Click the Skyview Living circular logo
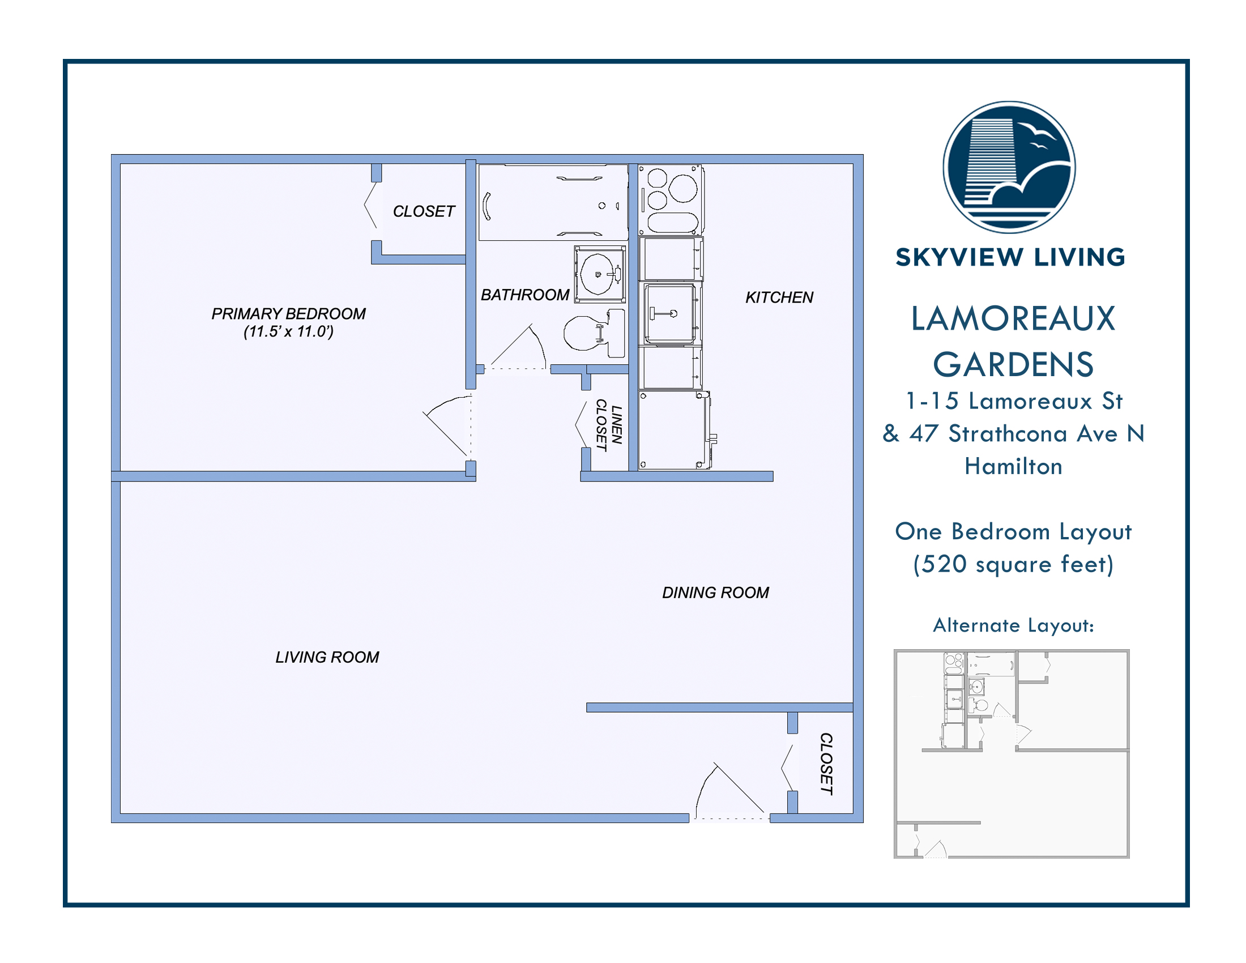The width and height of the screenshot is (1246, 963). (x=1009, y=167)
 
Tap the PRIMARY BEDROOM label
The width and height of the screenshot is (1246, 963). (x=289, y=313)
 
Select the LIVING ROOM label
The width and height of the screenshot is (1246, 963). (x=327, y=657)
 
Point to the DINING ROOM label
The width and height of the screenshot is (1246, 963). (x=715, y=593)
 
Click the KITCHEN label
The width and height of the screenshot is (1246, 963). (x=779, y=297)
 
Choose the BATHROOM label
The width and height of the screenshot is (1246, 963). (x=525, y=295)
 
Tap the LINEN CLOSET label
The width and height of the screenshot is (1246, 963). (x=608, y=425)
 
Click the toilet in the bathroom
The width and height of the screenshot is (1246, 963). (x=595, y=333)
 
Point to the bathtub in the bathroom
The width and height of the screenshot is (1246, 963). (x=553, y=203)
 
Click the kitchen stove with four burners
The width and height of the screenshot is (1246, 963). (x=671, y=199)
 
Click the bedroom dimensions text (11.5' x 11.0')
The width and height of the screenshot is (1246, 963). (x=289, y=331)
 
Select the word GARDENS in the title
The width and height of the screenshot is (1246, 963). (x=1013, y=365)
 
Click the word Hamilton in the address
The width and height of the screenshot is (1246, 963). (x=1013, y=466)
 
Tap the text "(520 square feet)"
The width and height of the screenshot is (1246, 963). (x=1013, y=564)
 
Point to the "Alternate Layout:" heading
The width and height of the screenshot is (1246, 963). (x=1013, y=625)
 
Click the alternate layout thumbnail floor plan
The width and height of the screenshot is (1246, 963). (x=1012, y=753)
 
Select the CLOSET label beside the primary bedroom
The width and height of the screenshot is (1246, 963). (x=424, y=212)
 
